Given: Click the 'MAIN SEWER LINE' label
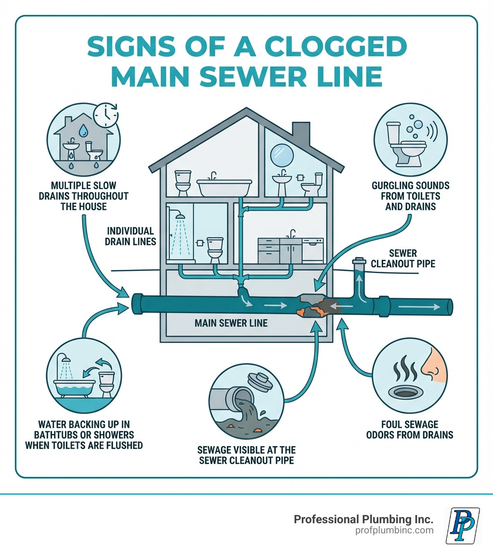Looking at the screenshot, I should pos(231,323).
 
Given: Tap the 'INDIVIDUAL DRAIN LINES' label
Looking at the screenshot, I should pos(130,236).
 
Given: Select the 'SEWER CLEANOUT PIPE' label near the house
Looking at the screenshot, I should pos(403,258).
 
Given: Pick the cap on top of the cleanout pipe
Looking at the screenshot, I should pos(359,262).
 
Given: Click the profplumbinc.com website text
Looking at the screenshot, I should pos(394,530).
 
